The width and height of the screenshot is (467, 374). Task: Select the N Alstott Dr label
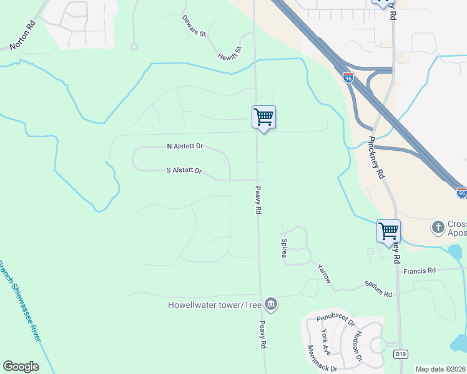pyautogui.click(x=185, y=146)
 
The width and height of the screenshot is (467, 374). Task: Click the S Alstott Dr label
pyautogui.click(x=184, y=170)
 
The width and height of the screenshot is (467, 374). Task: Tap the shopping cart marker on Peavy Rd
pyautogui.click(x=263, y=117)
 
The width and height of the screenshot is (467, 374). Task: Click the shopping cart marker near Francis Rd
pyautogui.click(x=388, y=231)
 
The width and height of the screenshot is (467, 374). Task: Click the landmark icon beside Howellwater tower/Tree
pyautogui.click(x=271, y=304)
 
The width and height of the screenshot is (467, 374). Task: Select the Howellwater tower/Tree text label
pyautogui.click(x=214, y=305)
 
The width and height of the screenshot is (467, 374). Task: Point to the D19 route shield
pyautogui.click(x=401, y=354)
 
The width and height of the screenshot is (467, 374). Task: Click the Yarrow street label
pyautogui.click(x=324, y=272)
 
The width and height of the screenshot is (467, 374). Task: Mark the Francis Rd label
pyautogui.click(x=419, y=271)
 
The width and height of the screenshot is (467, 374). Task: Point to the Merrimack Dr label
pyautogui.click(x=322, y=358)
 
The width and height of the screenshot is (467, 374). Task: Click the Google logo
pyautogui.click(x=21, y=367)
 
